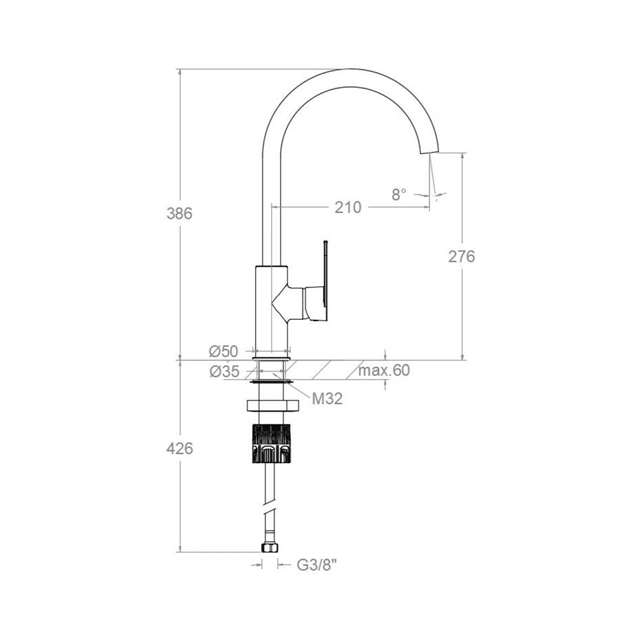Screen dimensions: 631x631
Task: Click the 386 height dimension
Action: pyautogui.click(x=179, y=214)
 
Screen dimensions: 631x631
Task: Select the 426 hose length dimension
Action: pyautogui.click(x=179, y=448)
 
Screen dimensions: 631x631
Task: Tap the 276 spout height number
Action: pyautogui.click(x=462, y=256)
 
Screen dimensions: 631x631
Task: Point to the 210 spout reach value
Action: pyautogui.click(x=348, y=208)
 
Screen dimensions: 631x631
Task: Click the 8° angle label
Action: pyautogui.click(x=399, y=195)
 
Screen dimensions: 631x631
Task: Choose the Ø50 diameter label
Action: pyautogui.click(x=224, y=351)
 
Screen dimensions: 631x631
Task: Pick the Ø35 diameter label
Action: pyautogui.click(x=224, y=372)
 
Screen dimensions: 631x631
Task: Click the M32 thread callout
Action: pyautogui.click(x=327, y=399)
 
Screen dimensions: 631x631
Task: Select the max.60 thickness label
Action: pyautogui.click(x=384, y=370)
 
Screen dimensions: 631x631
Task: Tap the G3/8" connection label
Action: pyautogui.click(x=317, y=565)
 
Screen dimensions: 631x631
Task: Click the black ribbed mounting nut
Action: pyautogui.click(x=271, y=444)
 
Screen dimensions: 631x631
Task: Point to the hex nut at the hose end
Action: pyautogui.click(x=269, y=547)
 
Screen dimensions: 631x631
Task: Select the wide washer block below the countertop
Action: pyautogui.click(x=272, y=406)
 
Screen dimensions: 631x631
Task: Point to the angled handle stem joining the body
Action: pyautogui.click(x=288, y=302)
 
